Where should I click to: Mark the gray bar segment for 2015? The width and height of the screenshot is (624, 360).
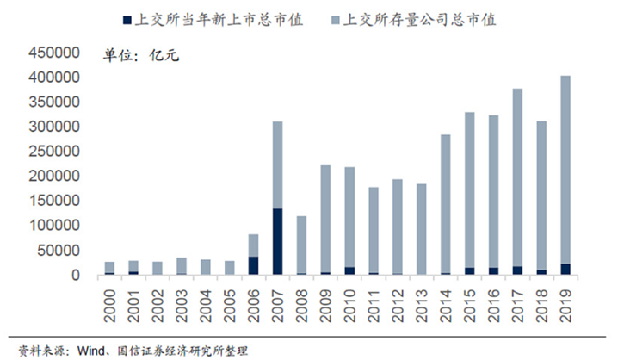click(x=493, y=189)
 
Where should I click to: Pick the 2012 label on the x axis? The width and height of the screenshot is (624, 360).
click(x=398, y=301)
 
